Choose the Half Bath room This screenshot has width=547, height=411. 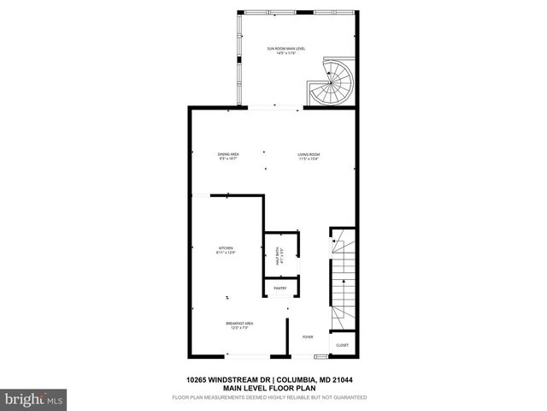[279, 254]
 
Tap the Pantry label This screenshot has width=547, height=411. [279, 289]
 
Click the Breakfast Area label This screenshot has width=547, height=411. [236, 323]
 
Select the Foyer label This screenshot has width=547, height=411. [308, 337]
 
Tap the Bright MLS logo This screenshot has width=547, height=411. [34, 398]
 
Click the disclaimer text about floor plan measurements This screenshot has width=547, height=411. [269, 397]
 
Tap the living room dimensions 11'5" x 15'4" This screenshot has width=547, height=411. [309, 159]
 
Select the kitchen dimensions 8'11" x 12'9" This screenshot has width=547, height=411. [226, 253]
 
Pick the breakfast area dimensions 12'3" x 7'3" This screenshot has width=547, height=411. [236, 328]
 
